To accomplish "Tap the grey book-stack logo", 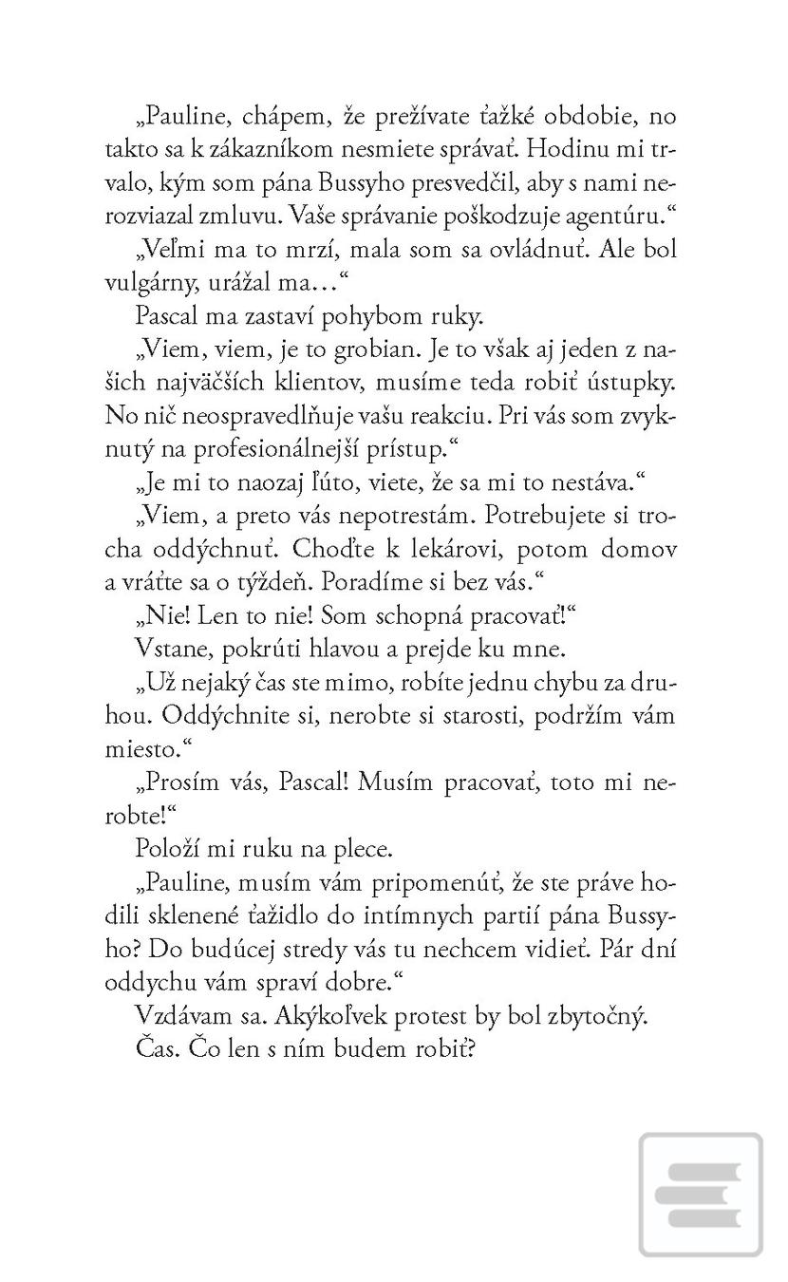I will (702, 1194).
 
